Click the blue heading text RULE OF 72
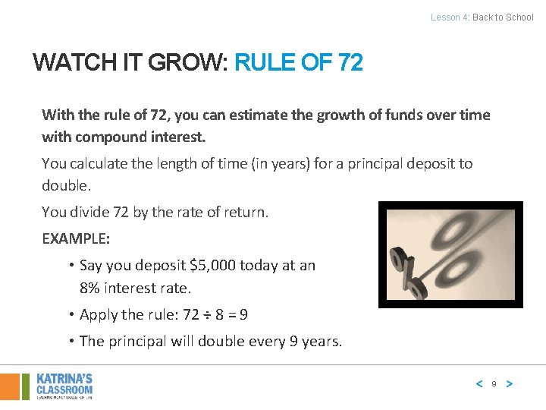pos(299,61)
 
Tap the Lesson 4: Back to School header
pos(482,17)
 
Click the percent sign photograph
pos(450,254)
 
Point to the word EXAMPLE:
pos(76,238)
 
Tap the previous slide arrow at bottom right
pos(479,384)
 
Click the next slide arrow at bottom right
pos(510,384)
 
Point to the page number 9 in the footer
pos(494,384)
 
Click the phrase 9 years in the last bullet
pos(315,341)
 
